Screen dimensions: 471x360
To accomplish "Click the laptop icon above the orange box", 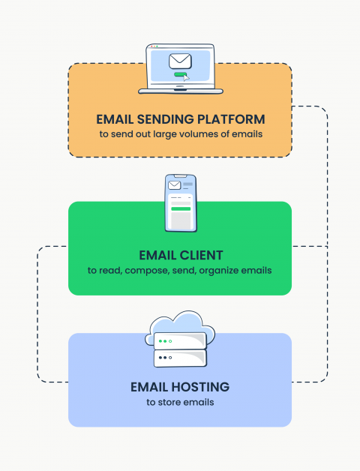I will tap(179, 70).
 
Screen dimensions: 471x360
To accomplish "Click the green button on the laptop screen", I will tap(179, 75).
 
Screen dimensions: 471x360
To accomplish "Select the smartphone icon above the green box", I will tap(179, 203).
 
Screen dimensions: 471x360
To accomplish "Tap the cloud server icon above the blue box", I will tap(179, 341).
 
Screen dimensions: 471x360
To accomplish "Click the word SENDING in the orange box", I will tap(169, 119).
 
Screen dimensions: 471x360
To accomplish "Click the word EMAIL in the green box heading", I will tap(156, 254).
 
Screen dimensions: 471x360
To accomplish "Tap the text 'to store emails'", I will tap(179, 403).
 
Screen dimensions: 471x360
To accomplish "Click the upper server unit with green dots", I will tap(179, 342).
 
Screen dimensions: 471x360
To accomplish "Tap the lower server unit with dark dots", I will tap(179, 358).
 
